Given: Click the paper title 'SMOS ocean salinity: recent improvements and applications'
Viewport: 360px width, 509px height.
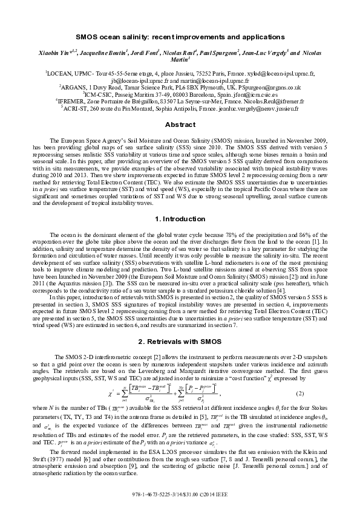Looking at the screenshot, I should (x=180, y=37).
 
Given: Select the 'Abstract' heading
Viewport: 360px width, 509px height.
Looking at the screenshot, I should (x=180, y=125).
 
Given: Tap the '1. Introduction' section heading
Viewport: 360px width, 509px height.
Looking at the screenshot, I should (x=180, y=218).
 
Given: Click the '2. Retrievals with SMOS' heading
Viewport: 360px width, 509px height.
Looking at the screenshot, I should (x=180, y=325).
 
